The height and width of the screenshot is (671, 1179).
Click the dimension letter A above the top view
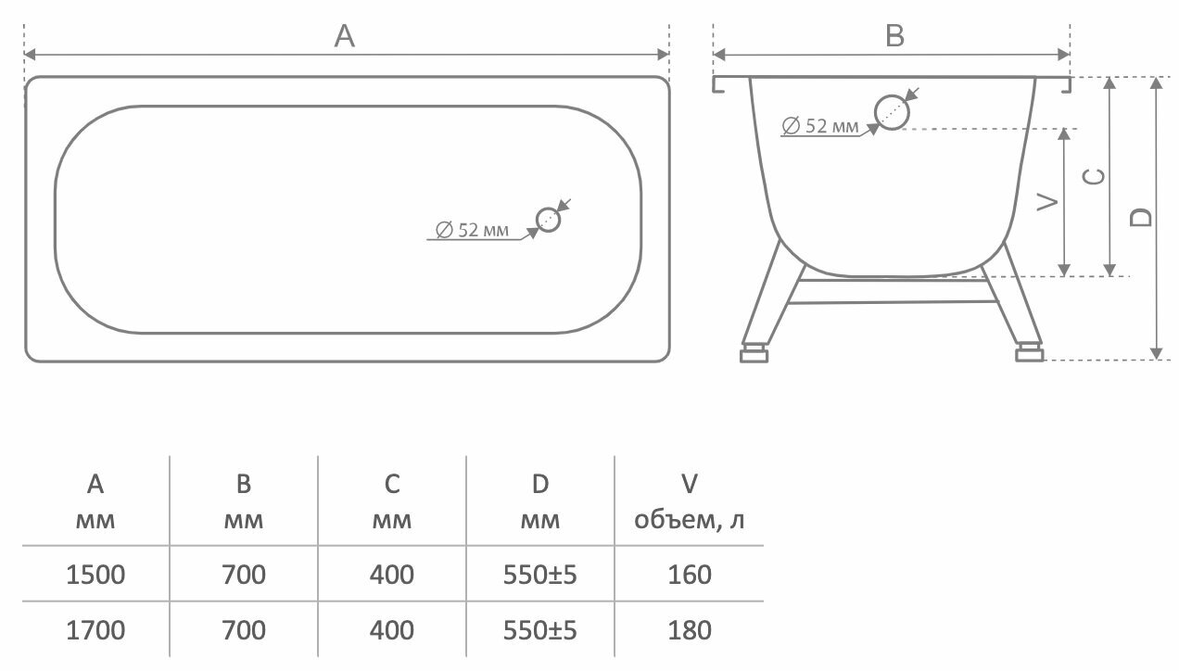pos(345,36)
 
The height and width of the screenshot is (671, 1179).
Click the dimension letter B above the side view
pos(894,36)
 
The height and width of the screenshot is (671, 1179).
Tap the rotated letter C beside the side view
pos(1095,176)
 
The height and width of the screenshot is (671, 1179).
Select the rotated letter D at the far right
pos(1142,217)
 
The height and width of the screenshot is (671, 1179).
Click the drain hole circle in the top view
pos(549,220)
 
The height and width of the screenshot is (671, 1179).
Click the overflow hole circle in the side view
pos(893,111)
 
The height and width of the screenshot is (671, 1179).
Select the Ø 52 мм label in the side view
pos(820,125)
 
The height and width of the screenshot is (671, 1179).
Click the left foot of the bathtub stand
pos(754,353)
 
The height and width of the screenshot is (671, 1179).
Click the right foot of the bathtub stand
pos(1029,353)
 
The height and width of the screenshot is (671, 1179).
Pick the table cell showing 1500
pos(95,575)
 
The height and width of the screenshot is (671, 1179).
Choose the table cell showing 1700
pos(95,630)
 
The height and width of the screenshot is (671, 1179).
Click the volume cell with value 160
pos(690,575)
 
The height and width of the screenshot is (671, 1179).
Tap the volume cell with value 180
pos(690,630)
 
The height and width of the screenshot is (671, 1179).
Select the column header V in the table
pos(690,484)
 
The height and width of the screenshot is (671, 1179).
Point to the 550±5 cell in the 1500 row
pos(540,575)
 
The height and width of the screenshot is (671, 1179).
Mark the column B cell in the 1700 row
pos(244,630)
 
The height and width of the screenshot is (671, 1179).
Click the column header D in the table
pos(540,484)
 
